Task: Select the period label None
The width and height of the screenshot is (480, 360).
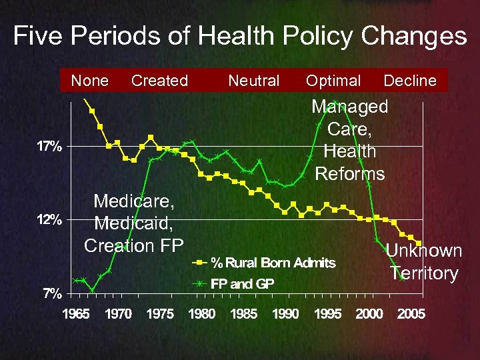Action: pyautogui.click(x=90, y=81)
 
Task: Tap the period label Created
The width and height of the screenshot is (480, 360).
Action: pyautogui.click(x=159, y=81)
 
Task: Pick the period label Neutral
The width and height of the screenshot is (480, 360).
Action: pyautogui.click(x=253, y=81)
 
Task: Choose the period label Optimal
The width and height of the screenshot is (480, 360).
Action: pyautogui.click(x=333, y=81)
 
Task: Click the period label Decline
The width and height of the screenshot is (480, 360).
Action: pyautogui.click(x=410, y=81)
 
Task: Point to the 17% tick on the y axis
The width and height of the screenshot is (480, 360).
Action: pyautogui.click(x=49, y=147)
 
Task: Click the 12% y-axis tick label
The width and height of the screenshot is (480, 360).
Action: pyautogui.click(x=49, y=220)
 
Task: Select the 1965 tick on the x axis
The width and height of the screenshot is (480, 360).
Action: pyautogui.click(x=77, y=314)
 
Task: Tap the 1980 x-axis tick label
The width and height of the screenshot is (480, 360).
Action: pyautogui.click(x=202, y=314)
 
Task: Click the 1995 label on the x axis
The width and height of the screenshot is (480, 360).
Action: pyautogui.click(x=327, y=314)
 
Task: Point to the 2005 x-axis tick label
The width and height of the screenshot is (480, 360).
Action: pyautogui.click(x=411, y=314)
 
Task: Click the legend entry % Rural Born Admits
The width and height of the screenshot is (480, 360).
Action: pyautogui.click(x=273, y=263)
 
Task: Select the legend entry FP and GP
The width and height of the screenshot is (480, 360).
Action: pyautogui.click(x=242, y=284)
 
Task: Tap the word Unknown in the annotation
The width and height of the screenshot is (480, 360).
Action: pyautogui.click(x=424, y=251)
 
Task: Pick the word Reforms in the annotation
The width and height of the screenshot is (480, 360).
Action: pyautogui.click(x=350, y=174)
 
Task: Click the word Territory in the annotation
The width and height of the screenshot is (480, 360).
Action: pyautogui.click(x=424, y=273)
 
